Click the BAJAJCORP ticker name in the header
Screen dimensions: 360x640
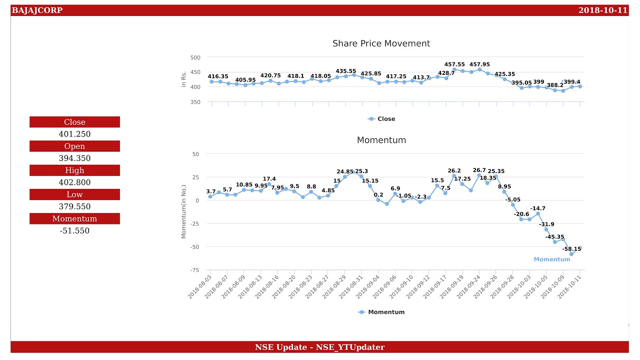tap(37, 10)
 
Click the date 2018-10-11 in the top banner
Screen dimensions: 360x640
tap(602, 10)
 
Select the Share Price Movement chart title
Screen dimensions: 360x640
tap(381, 43)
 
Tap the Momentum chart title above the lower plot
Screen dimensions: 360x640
tap(381, 140)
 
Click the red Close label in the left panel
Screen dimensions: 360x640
tap(74, 122)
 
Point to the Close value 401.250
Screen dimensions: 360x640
tap(74, 134)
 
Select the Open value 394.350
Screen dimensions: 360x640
tap(74, 158)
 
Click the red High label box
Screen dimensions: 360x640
tap(74, 170)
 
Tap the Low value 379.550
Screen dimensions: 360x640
tap(74, 206)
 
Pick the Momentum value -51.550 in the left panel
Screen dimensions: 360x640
tap(74, 230)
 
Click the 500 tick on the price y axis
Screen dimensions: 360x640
tap(195, 57)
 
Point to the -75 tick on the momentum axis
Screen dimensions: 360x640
tap(194, 270)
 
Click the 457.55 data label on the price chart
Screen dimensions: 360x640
tap(454, 64)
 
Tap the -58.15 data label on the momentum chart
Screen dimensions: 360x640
tap(571, 249)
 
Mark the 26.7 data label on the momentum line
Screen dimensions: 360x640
tap(479, 170)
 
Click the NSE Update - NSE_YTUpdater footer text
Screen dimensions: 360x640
tap(319, 347)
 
